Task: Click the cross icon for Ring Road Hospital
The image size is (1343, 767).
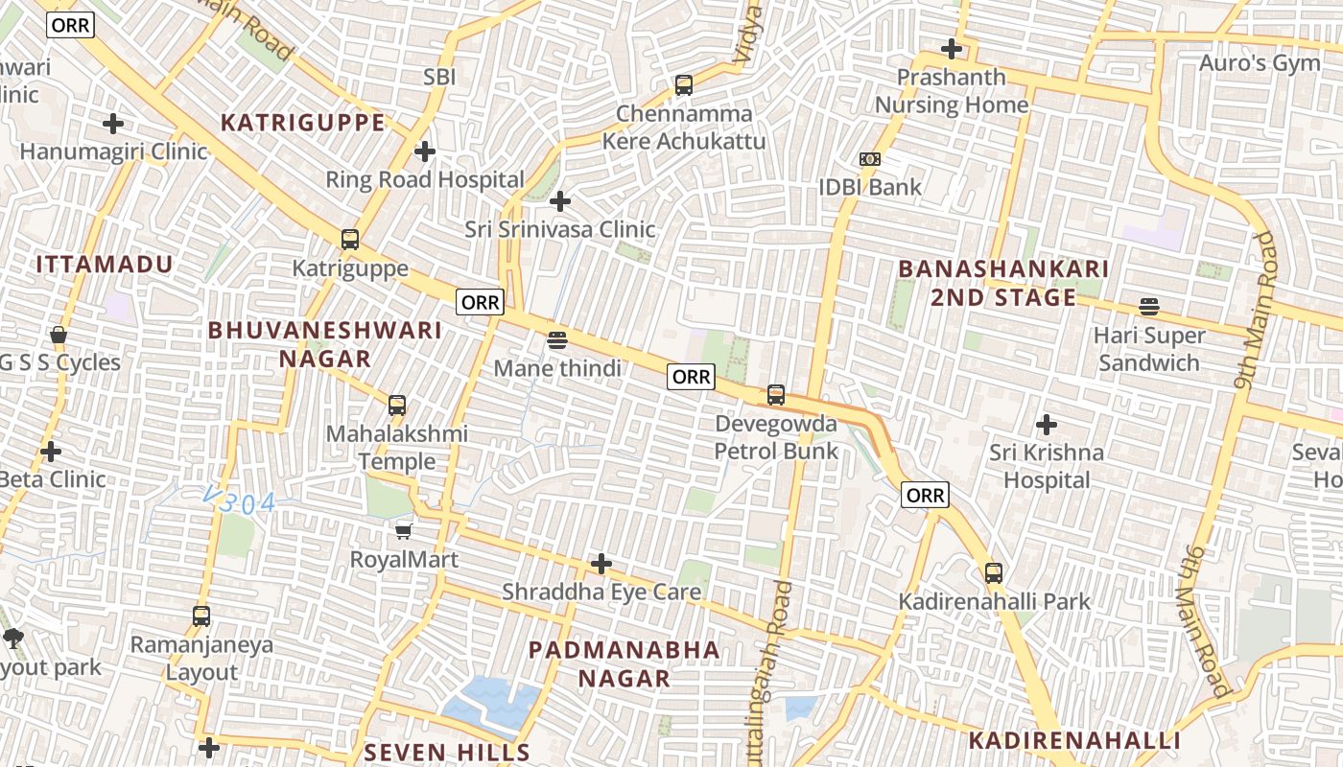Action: tap(425, 151)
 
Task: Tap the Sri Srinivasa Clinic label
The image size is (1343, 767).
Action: tap(560, 229)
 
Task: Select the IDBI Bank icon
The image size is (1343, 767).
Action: tap(870, 159)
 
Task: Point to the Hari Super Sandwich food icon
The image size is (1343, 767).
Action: tap(1149, 307)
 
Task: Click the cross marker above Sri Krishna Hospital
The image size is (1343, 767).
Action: tap(1047, 424)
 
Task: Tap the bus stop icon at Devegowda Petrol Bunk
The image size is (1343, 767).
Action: tap(776, 394)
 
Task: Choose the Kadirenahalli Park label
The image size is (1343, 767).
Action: tap(994, 602)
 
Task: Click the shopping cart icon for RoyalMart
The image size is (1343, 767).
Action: tap(404, 530)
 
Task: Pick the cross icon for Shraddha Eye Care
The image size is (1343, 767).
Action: tap(601, 564)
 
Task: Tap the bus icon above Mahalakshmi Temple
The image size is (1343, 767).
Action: tap(397, 406)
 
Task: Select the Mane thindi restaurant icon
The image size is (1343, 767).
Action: tap(557, 339)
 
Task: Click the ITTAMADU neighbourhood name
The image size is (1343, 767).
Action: tap(105, 265)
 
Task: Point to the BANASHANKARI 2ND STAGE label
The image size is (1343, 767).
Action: tap(1003, 283)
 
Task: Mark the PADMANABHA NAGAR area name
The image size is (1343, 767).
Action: tap(624, 663)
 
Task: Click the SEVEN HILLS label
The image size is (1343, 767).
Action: tap(447, 752)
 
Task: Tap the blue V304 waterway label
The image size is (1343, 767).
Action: tap(240, 501)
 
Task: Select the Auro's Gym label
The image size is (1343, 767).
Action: tap(1261, 63)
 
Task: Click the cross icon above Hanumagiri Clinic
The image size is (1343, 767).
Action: tap(113, 124)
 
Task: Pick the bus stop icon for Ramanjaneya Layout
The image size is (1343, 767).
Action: tap(201, 616)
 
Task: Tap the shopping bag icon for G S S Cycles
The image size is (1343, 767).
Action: tap(59, 336)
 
